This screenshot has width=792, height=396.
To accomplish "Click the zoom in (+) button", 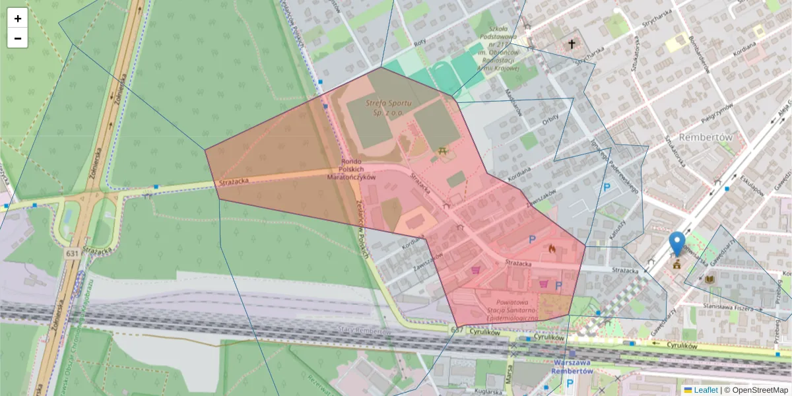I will (x=18, y=18).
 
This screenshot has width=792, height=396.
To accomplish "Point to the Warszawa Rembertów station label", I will (x=572, y=366).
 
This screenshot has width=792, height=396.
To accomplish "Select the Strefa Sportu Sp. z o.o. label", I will (x=389, y=108).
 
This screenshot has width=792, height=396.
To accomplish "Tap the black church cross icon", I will (x=572, y=44).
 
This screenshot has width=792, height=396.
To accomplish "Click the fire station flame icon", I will (x=552, y=249).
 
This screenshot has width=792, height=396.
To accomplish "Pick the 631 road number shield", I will (x=73, y=253).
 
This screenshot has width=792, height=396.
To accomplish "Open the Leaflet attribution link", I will (x=705, y=390).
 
